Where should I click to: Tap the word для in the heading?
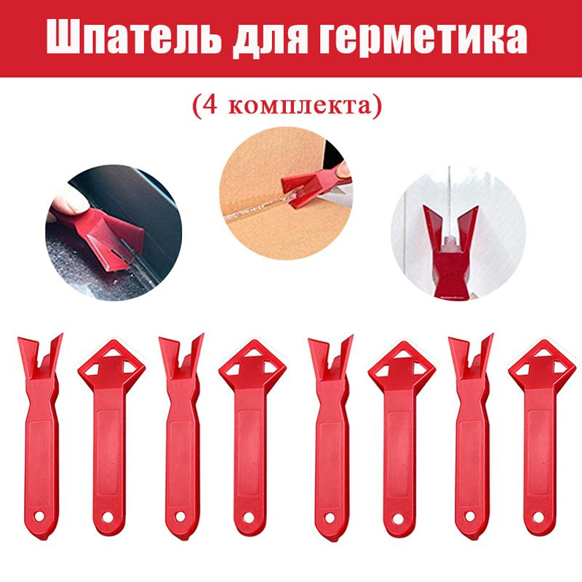click(x=271, y=41)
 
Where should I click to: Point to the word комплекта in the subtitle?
click(x=299, y=106)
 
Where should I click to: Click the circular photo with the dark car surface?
click(x=114, y=233)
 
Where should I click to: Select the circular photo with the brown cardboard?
click(x=286, y=194)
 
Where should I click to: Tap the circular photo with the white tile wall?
click(x=458, y=234)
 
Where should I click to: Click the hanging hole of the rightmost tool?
click(x=538, y=517)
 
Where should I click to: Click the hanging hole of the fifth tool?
click(x=330, y=517)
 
